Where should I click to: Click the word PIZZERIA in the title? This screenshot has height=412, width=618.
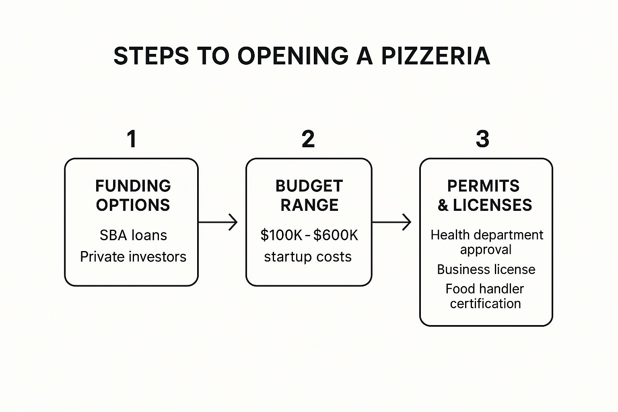(x=436, y=56)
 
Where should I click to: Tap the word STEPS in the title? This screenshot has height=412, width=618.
(x=151, y=56)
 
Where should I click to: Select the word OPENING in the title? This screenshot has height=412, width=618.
(x=293, y=56)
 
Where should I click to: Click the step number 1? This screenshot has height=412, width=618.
(x=132, y=139)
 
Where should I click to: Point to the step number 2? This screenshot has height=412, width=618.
(x=308, y=139)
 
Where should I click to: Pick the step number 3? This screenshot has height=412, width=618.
(x=482, y=139)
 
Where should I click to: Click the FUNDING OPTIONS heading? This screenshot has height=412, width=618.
(x=133, y=196)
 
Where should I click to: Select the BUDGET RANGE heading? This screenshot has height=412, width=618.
(x=309, y=196)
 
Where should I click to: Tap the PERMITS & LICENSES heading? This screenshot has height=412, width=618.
(x=484, y=196)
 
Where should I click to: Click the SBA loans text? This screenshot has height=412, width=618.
(x=133, y=235)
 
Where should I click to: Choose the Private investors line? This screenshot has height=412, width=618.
(x=133, y=257)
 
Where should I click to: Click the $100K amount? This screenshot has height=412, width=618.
(x=281, y=235)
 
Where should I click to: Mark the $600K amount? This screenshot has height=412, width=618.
(x=336, y=235)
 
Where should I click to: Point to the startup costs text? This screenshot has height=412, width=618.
(x=308, y=257)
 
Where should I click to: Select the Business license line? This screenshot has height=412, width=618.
(x=486, y=269)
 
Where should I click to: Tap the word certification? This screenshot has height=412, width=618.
(x=486, y=303)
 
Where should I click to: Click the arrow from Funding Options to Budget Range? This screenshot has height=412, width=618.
(x=218, y=222)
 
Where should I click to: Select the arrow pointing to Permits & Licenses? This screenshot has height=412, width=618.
(x=391, y=222)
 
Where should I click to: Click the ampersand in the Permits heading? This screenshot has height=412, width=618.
(x=443, y=205)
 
